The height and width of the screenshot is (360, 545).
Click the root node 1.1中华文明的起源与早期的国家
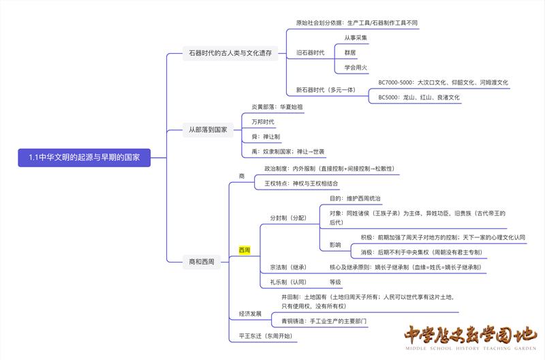[84, 157]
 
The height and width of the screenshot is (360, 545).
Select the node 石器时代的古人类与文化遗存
[230, 52]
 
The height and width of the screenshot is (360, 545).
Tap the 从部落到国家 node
[208, 129]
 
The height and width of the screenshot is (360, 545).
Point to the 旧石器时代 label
[310, 52]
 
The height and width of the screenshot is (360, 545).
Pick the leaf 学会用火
[356, 67]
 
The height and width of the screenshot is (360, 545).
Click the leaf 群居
[350, 52]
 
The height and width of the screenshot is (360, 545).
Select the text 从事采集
[356, 37]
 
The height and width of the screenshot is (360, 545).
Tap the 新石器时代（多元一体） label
[326, 90]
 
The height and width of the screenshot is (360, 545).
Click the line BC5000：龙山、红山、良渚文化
[419, 97]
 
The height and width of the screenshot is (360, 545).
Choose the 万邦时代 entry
[262, 122]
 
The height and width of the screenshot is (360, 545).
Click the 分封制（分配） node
[288, 218]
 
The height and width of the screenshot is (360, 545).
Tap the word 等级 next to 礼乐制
[335, 282]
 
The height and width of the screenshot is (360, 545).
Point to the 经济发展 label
[250, 314]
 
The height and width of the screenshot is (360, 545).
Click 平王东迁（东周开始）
[266, 336]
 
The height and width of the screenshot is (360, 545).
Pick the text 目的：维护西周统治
[355, 198]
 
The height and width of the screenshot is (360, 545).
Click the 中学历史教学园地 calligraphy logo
[470, 337]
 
